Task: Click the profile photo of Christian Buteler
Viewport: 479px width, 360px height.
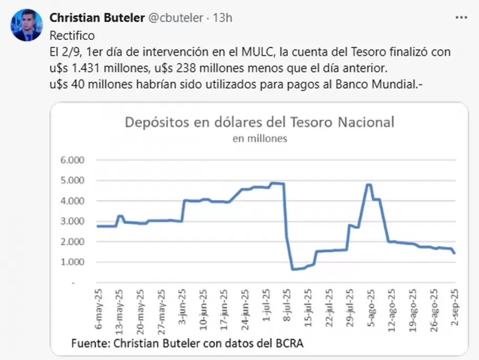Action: point(27,25)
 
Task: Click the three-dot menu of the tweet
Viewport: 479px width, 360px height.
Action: point(461,17)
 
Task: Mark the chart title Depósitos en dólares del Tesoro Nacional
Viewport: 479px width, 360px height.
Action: point(259,123)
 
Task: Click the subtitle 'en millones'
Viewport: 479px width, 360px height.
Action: point(259,139)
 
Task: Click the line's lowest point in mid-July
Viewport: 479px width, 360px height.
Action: point(293,269)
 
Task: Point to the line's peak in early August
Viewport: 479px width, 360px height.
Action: point(369,184)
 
